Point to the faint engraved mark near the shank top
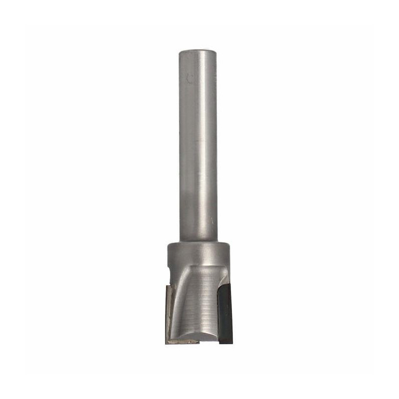[x=189, y=78]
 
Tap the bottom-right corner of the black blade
[x=231, y=344]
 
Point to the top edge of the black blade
[x=225, y=284]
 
